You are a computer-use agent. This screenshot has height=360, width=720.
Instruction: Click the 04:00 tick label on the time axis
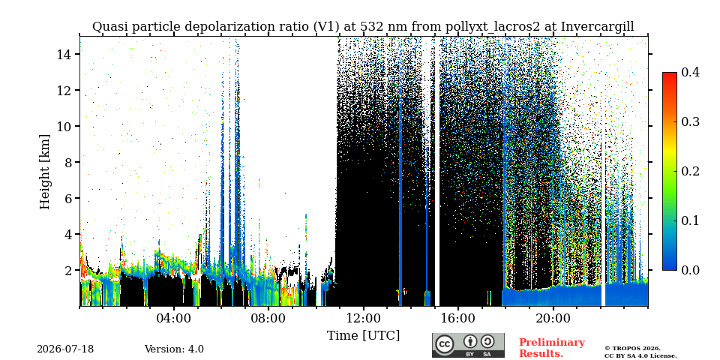tap(174, 318)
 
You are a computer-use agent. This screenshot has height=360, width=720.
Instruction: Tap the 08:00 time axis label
tap(268, 318)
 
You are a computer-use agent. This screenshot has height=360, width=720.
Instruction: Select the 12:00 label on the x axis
tap(364, 318)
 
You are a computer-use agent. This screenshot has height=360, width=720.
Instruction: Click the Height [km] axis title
tap(44, 172)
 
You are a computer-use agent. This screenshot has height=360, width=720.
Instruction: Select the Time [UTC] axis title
tap(363, 336)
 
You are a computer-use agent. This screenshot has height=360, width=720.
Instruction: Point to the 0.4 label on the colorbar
tap(690, 72)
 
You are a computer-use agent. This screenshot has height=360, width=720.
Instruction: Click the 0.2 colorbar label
tap(690, 171)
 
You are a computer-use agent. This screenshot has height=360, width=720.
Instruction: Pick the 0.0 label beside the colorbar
tap(690, 270)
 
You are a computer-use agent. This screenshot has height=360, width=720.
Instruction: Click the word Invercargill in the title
tap(598, 27)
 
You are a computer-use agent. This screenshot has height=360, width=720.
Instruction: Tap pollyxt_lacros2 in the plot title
tap(493, 27)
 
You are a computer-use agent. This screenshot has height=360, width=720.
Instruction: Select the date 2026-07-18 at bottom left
tap(65, 349)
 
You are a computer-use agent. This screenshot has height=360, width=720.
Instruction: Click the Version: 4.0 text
tap(174, 349)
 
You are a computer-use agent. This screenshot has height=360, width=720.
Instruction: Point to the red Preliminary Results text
tap(552, 348)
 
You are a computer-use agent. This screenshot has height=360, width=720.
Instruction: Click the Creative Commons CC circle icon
tap(444, 344)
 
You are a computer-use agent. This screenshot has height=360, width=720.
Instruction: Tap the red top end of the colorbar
tap(670, 74)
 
